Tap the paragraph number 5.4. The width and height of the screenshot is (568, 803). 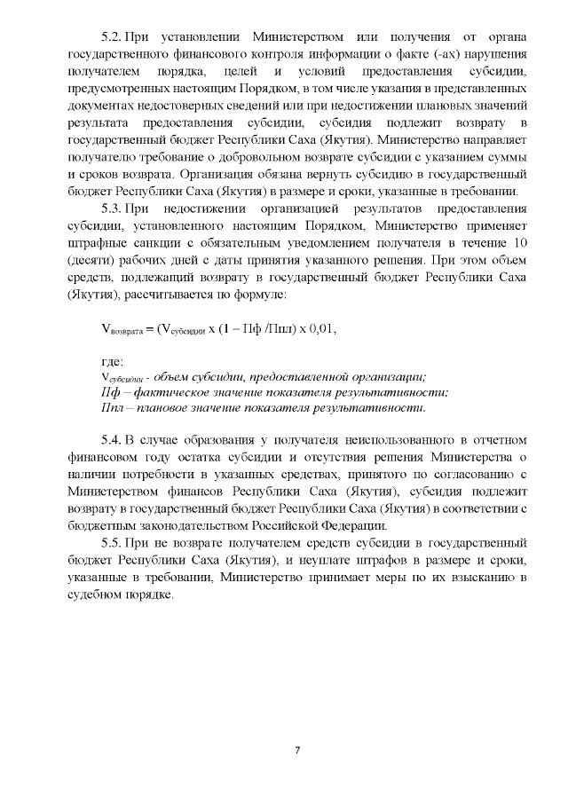[113, 439]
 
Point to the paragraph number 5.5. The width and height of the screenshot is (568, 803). [113, 540]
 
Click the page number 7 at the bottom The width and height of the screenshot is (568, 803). [298, 751]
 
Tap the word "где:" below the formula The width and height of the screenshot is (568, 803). [112, 361]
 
